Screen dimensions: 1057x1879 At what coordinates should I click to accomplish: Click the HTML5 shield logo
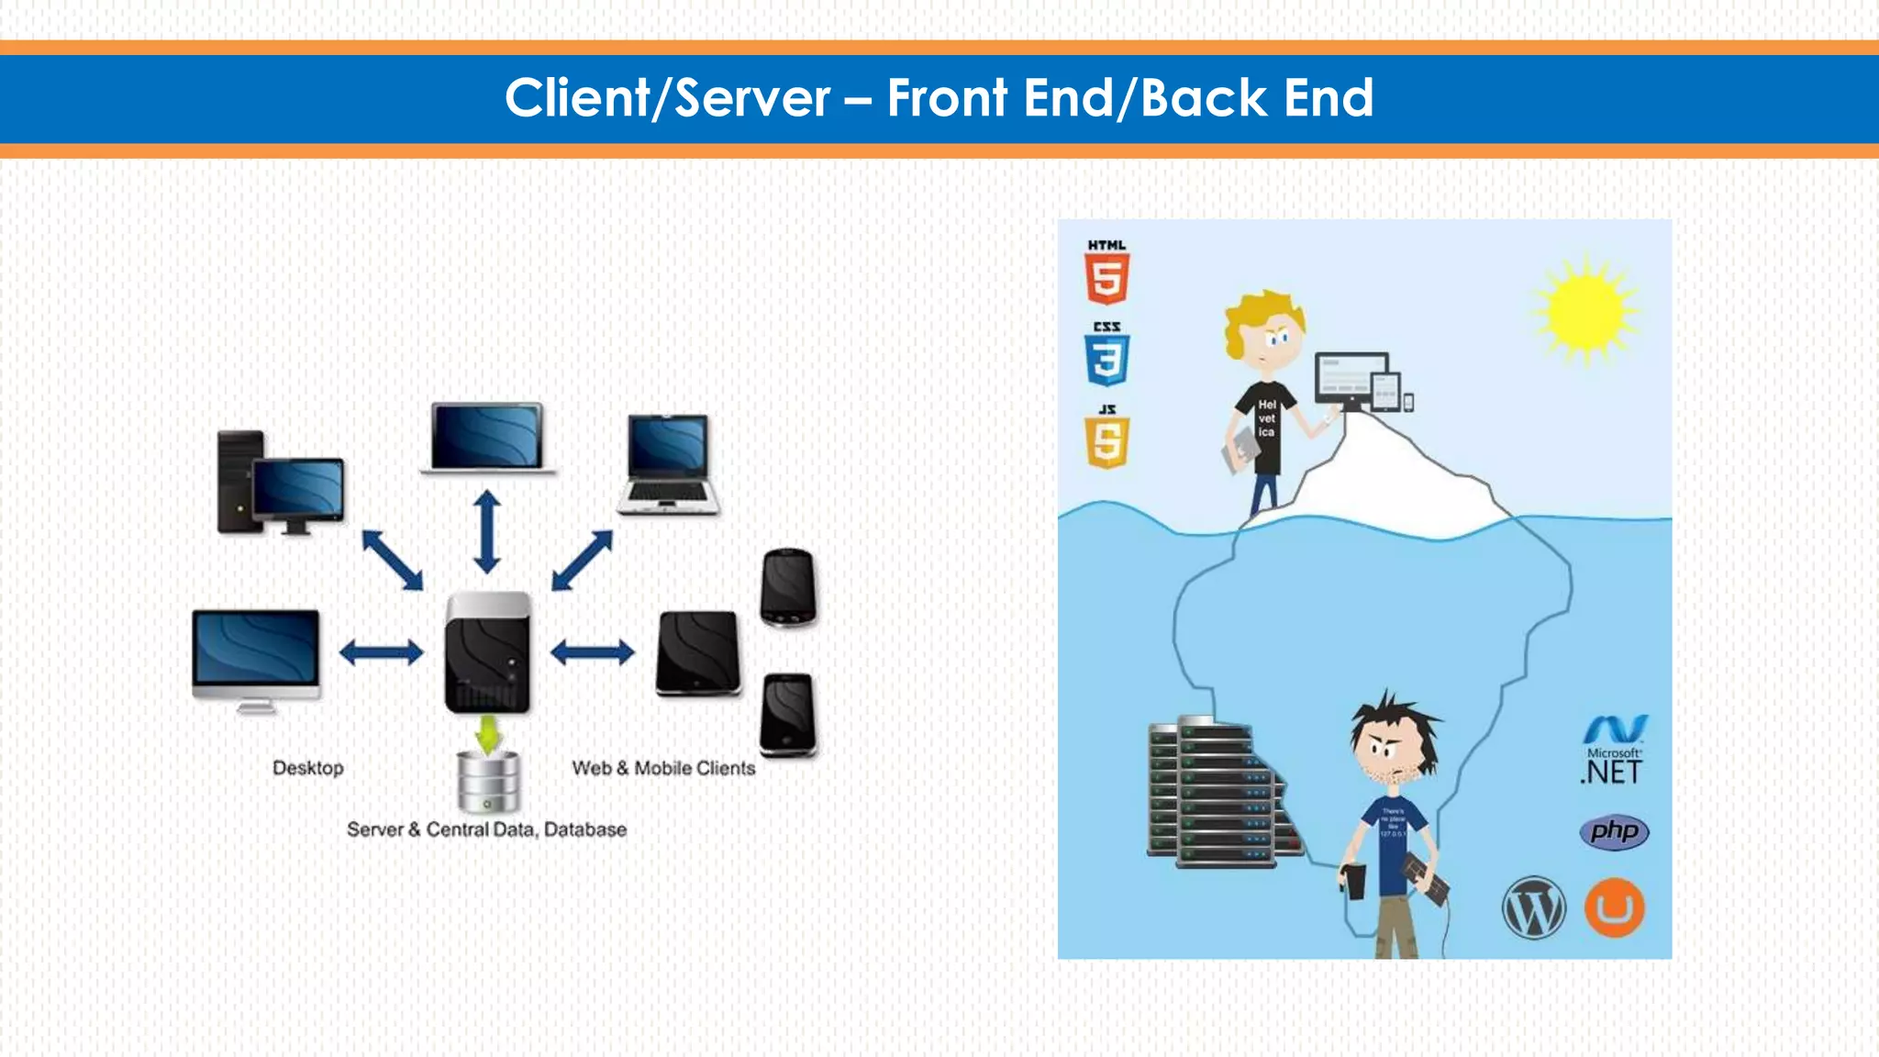coord(1106,279)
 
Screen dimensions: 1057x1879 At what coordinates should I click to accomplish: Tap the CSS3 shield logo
coord(1106,360)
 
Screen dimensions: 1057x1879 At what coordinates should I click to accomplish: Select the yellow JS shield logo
coord(1107,442)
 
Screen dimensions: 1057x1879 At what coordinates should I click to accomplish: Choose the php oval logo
coord(1614,832)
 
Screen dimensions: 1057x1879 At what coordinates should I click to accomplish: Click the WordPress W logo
coord(1533,908)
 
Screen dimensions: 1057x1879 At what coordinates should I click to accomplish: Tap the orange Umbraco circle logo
coord(1615,908)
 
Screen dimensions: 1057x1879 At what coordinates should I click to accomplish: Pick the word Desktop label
coord(308,768)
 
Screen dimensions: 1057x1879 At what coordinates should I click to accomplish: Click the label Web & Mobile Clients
coord(663,768)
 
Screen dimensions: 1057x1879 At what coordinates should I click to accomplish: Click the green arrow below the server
coord(488,734)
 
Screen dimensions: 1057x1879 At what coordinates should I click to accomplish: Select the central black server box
coord(488,653)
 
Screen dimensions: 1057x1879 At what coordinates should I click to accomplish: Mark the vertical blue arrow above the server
coord(487,532)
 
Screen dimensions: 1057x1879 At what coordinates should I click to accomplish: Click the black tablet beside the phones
coord(698,653)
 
